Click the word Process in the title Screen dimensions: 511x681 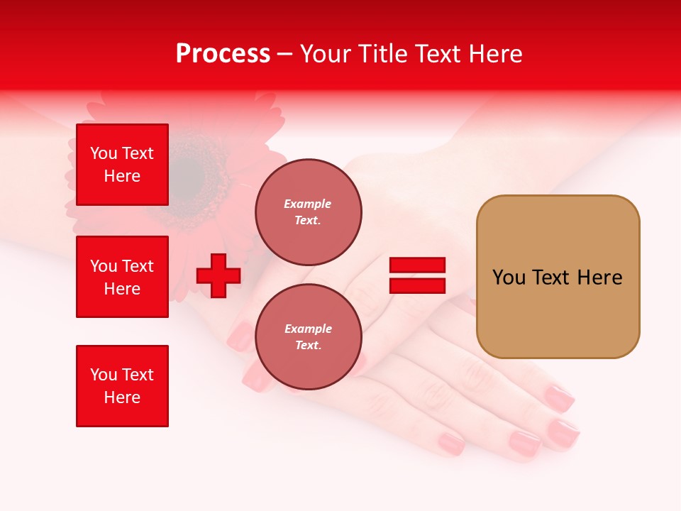pos(223,54)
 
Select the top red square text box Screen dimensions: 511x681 pos(122,165)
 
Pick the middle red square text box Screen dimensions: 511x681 pos(122,277)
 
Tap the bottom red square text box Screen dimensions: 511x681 pos(122,386)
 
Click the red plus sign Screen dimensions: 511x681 pos(218,275)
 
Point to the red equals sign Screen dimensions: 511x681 pos(417,275)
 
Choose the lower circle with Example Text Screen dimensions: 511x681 pos(308,336)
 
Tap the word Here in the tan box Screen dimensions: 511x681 pos(599,278)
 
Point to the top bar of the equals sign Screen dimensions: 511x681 pos(417,265)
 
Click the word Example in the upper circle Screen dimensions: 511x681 pos(307,204)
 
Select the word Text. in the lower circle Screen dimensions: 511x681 pos(308,346)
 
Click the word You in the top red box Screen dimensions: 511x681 pos(104,153)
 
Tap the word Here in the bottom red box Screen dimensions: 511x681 pos(122,397)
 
